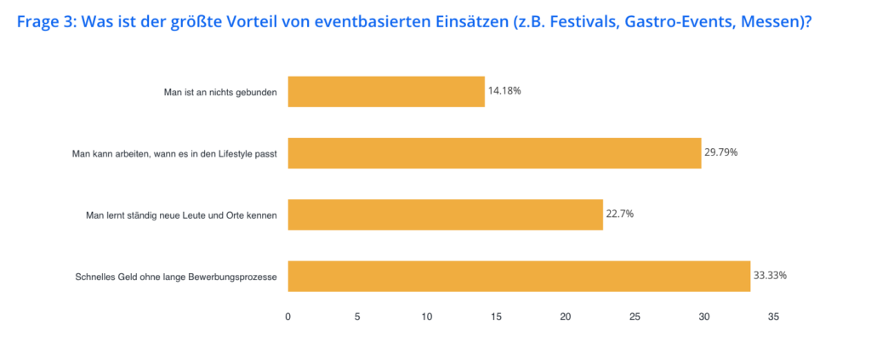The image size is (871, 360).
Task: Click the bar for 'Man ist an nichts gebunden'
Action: (386, 91)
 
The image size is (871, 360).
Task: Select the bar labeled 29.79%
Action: (494, 153)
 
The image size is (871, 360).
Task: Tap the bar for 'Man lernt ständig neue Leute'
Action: (445, 214)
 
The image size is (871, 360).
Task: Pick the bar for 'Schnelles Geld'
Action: (519, 276)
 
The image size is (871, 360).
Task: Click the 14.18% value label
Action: (504, 90)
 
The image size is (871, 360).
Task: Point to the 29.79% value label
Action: (720, 152)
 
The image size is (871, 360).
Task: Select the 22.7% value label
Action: (620, 214)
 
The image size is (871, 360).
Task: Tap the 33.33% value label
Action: (770, 275)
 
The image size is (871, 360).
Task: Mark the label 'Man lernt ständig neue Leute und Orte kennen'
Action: (182, 215)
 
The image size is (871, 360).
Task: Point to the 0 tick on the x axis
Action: (288, 317)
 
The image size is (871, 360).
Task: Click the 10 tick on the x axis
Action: (427, 317)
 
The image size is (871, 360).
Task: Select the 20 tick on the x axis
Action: (566, 317)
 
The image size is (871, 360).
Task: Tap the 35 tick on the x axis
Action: (773, 317)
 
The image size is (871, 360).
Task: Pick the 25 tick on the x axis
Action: (635, 317)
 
